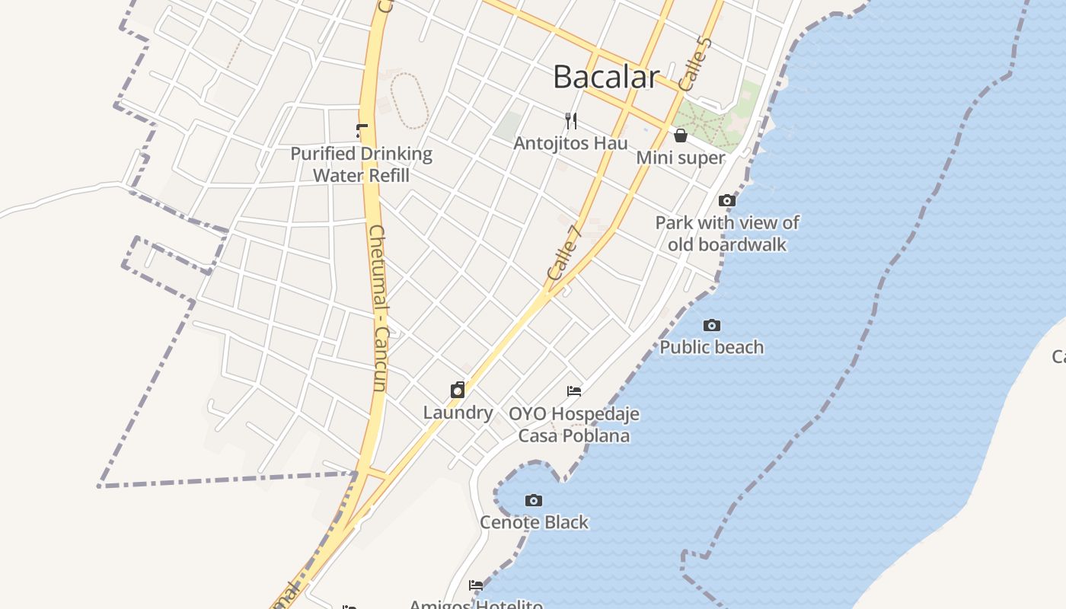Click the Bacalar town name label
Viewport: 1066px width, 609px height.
click(x=605, y=77)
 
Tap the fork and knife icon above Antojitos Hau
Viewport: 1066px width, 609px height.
click(x=571, y=120)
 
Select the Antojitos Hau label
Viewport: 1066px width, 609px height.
click(x=570, y=143)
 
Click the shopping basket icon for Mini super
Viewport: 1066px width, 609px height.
click(x=681, y=136)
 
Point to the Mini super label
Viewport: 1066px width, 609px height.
click(x=681, y=158)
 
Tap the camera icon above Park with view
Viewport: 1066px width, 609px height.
click(x=727, y=200)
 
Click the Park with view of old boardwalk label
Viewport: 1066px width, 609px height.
click(x=727, y=234)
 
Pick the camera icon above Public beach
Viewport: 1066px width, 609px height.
click(x=711, y=325)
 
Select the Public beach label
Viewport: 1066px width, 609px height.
click(x=711, y=347)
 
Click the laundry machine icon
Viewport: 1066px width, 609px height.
click(x=458, y=391)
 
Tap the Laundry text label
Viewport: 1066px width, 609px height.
click(x=458, y=413)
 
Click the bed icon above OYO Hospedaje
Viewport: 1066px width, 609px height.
click(x=574, y=391)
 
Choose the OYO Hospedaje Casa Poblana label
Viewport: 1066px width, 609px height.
click(x=574, y=425)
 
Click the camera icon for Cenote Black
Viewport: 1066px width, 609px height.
click(x=534, y=500)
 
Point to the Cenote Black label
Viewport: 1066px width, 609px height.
click(x=534, y=522)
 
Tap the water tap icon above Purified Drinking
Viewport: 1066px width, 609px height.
click(x=362, y=131)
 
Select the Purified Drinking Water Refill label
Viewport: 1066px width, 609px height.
click(x=362, y=164)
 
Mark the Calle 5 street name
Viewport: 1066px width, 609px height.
click(x=694, y=65)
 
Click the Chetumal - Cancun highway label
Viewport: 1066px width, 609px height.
click(x=378, y=308)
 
